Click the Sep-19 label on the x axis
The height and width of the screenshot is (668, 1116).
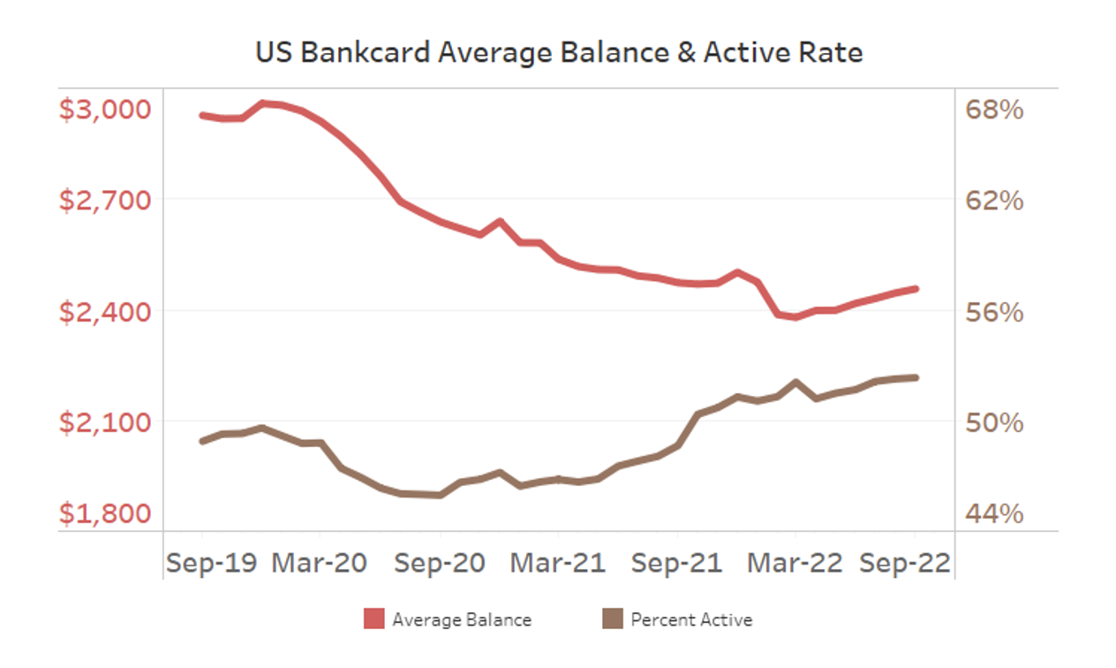click(211, 563)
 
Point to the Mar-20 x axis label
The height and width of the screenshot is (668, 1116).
click(320, 563)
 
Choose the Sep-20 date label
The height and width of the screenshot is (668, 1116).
click(439, 563)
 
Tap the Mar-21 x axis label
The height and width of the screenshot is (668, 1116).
click(558, 563)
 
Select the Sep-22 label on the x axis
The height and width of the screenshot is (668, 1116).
click(904, 563)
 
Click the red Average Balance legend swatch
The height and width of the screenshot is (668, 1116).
click(374, 619)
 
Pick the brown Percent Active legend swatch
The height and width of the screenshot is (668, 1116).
click(612, 619)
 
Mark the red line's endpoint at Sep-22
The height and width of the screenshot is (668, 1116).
click(916, 289)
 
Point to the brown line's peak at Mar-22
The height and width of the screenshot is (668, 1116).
click(796, 383)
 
